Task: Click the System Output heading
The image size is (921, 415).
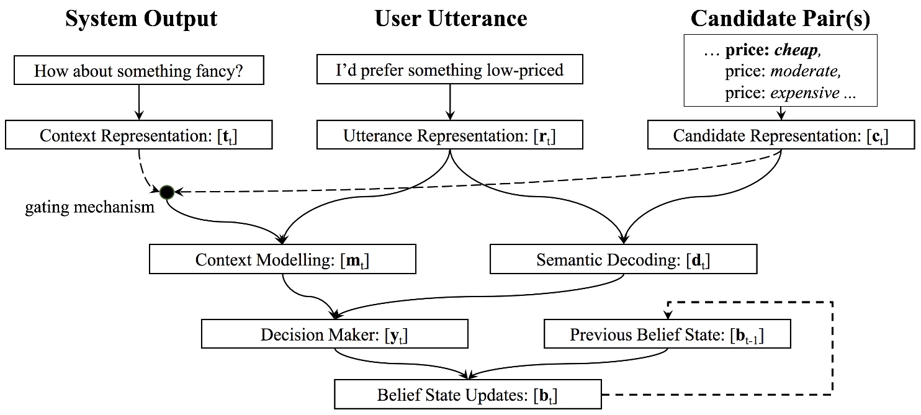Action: tap(141, 19)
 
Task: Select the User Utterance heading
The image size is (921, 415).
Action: tap(451, 19)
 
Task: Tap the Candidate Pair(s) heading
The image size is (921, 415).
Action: tap(780, 19)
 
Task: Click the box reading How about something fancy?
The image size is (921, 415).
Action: tap(139, 70)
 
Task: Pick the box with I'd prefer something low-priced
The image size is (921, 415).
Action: tap(449, 70)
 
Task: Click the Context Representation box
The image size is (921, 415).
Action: tap(139, 136)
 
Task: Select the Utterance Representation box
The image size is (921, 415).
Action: tap(449, 136)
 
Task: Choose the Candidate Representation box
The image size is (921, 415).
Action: tap(781, 136)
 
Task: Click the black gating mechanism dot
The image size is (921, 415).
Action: tap(166, 192)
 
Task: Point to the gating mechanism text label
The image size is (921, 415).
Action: tap(89, 207)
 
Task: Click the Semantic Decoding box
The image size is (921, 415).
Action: tap(623, 259)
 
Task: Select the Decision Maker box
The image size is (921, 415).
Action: tap(335, 335)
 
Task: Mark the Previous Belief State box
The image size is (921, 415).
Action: tap(667, 335)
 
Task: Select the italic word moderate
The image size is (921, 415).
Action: tap(805, 71)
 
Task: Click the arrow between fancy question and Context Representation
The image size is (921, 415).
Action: tap(140, 103)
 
